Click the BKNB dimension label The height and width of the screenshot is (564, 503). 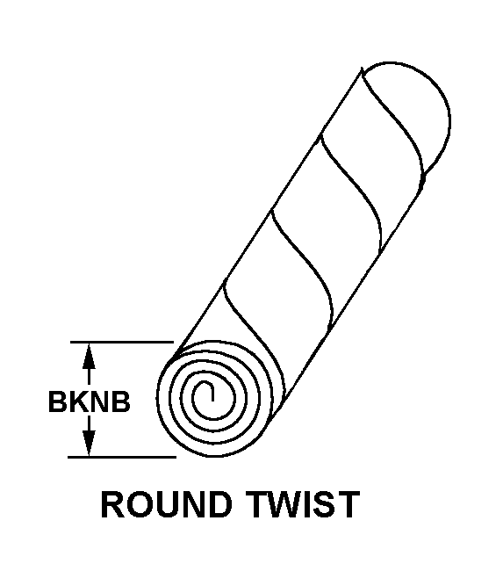[x=90, y=401]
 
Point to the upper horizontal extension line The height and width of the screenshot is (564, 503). [x=122, y=342]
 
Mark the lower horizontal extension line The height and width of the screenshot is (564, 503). [x=122, y=457]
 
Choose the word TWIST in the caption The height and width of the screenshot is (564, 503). [x=303, y=504]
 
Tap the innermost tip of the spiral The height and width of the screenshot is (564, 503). [x=212, y=401]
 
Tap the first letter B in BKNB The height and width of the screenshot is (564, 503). [x=58, y=401]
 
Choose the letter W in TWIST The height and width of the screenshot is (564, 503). [x=286, y=504]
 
